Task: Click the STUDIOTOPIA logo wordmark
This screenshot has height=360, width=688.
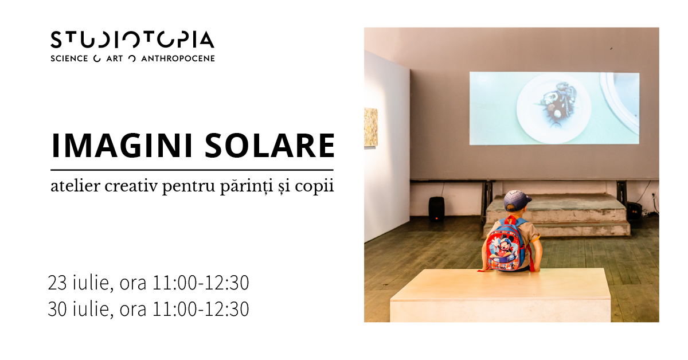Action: tap(132, 40)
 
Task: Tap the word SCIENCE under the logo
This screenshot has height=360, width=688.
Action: tap(69, 58)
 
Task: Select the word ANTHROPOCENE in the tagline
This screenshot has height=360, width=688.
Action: tap(178, 58)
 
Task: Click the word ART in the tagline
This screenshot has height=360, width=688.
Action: tap(115, 58)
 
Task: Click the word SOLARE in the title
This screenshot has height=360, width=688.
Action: tap(269, 146)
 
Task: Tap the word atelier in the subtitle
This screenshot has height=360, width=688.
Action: tap(75, 186)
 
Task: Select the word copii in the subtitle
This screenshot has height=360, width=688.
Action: tap(314, 187)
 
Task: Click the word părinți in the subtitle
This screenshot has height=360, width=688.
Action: tap(247, 187)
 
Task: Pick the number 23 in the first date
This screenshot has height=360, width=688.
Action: tap(57, 283)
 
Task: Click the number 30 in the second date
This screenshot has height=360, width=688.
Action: tap(57, 309)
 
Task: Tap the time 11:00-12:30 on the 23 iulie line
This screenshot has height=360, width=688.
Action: tap(201, 283)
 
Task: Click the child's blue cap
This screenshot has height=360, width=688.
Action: tap(517, 200)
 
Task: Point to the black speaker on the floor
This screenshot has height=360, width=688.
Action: tap(436, 209)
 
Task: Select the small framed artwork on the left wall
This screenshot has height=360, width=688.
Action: tap(371, 127)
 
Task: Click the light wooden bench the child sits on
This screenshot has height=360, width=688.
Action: tap(500, 295)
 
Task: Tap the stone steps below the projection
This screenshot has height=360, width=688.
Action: tap(556, 215)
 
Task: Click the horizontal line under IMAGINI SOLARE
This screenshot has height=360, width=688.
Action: tap(192, 170)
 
